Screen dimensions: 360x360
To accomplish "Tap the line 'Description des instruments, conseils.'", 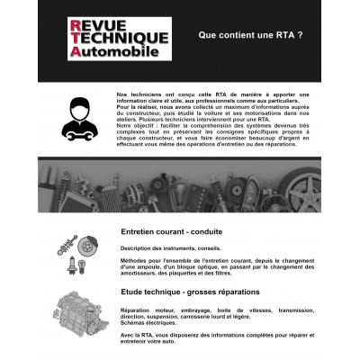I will pyautogui.click(x=163, y=247).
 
